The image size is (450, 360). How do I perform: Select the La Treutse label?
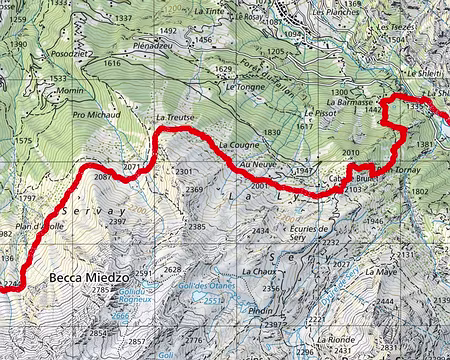[172, 117]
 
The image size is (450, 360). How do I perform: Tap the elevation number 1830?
[271, 133]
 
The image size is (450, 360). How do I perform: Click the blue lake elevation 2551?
[212, 300]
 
